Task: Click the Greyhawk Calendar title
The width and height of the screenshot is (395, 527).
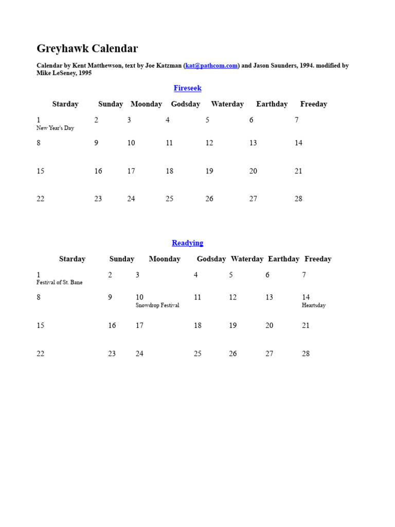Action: tap(87, 49)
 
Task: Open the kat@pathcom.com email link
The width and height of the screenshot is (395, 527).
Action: tap(211, 66)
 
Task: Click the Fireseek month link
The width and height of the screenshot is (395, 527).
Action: tap(188, 88)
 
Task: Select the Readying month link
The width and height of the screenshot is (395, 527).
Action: tap(187, 243)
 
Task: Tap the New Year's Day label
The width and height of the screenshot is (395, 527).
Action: tap(55, 128)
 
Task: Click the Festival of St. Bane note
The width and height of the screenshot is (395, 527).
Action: tap(59, 283)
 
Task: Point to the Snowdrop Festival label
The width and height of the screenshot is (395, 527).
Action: tap(157, 305)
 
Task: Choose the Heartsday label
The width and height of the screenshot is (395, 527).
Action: tap(314, 305)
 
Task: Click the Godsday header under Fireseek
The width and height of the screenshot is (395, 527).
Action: tap(186, 104)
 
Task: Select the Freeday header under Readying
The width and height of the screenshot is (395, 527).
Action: tap(318, 259)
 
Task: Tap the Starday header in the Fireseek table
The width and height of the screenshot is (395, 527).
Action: tap(65, 104)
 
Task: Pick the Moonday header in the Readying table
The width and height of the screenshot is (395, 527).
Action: tap(165, 259)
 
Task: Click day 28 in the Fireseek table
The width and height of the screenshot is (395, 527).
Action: tap(298, 199)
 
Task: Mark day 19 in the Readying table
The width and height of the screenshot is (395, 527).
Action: tap(233, 325)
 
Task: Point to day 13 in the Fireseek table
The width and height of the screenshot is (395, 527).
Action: tap(253, 143)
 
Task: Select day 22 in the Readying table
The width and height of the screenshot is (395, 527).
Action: tap(41, 354)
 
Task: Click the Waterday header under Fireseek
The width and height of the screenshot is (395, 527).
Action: tap(227, 104)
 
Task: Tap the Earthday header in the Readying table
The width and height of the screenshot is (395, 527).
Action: tap(283, 259)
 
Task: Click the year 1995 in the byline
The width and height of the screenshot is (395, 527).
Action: tap(85, 73)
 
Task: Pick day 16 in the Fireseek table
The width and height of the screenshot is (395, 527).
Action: tap(98, 171)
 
